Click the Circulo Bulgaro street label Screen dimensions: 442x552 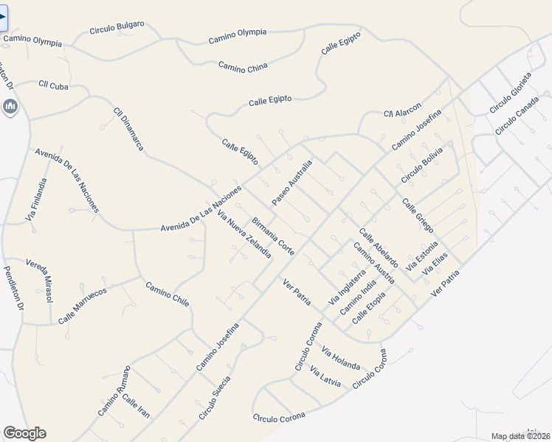click(x=117, y=29)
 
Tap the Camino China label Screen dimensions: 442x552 click(x=243, y=67)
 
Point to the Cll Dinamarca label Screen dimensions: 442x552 click(x=128, y=129)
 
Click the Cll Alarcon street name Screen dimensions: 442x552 click(x=401, y=109)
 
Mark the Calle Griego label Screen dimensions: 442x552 click(x=418, y=214)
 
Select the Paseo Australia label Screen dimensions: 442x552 click(x=292, y=183)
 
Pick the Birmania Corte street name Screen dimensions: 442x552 click(x=273, y=236)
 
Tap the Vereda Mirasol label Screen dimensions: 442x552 click(x=40, y=281)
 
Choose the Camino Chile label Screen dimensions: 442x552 click(x=168, y=295)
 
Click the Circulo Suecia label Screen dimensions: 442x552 click(x=215, y=398)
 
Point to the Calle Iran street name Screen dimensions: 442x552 click(x=136, y=407)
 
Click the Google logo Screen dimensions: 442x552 click(x=24, y=433)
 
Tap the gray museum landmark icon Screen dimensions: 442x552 click(x=10, y=108)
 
